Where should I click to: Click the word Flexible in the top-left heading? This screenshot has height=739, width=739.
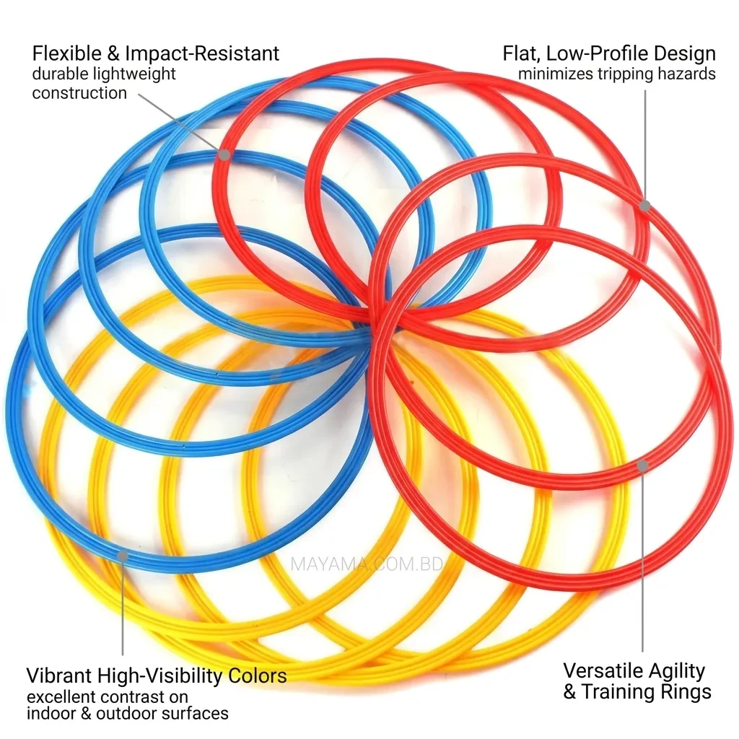point(66,53)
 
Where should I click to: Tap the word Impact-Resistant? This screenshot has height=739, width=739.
point(202,54)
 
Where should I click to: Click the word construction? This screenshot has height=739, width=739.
point(79,93)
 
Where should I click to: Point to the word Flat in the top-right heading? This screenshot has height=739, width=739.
point(521,53)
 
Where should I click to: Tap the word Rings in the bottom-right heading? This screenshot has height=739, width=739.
point(687,692)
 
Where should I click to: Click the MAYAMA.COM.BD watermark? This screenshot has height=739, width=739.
point(367,564)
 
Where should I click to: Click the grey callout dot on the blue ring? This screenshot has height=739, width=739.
point(122,556)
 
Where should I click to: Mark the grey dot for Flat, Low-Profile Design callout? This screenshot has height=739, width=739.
point(644,206)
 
